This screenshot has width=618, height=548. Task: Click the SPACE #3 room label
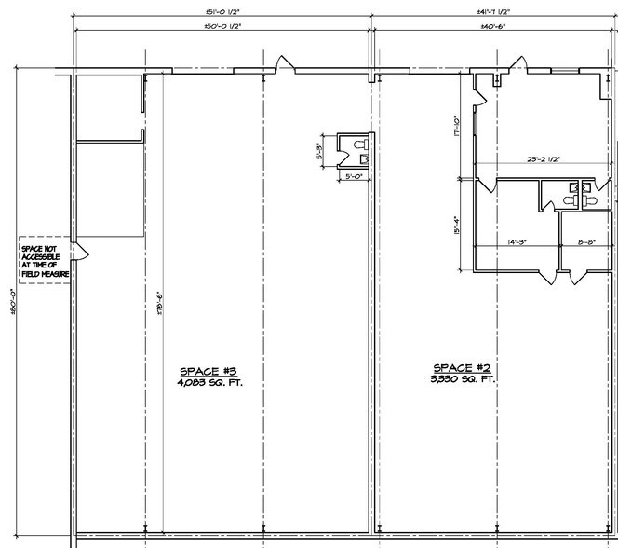click(x=208, y=369)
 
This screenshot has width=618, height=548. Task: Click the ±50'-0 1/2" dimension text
click(x=222, y=27)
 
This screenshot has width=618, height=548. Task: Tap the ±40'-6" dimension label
click(x=492, y=27)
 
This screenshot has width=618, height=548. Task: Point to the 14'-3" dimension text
click(x=517, y=242)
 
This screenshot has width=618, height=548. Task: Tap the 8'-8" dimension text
click(x=587, y=242)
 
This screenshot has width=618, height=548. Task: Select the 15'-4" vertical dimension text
click(x=456, y=225)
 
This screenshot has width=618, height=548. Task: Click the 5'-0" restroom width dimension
click(x=354, y=175)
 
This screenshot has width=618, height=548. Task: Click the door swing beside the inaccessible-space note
click(x=81, y=251)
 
